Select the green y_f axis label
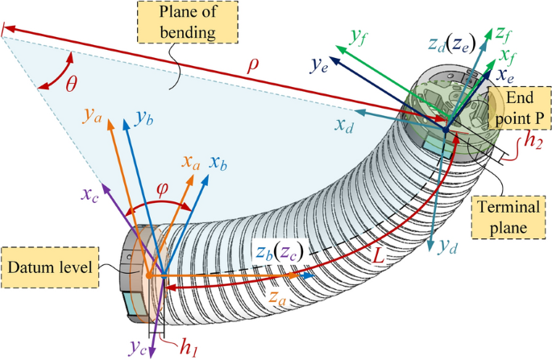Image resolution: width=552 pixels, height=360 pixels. (359, 35)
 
